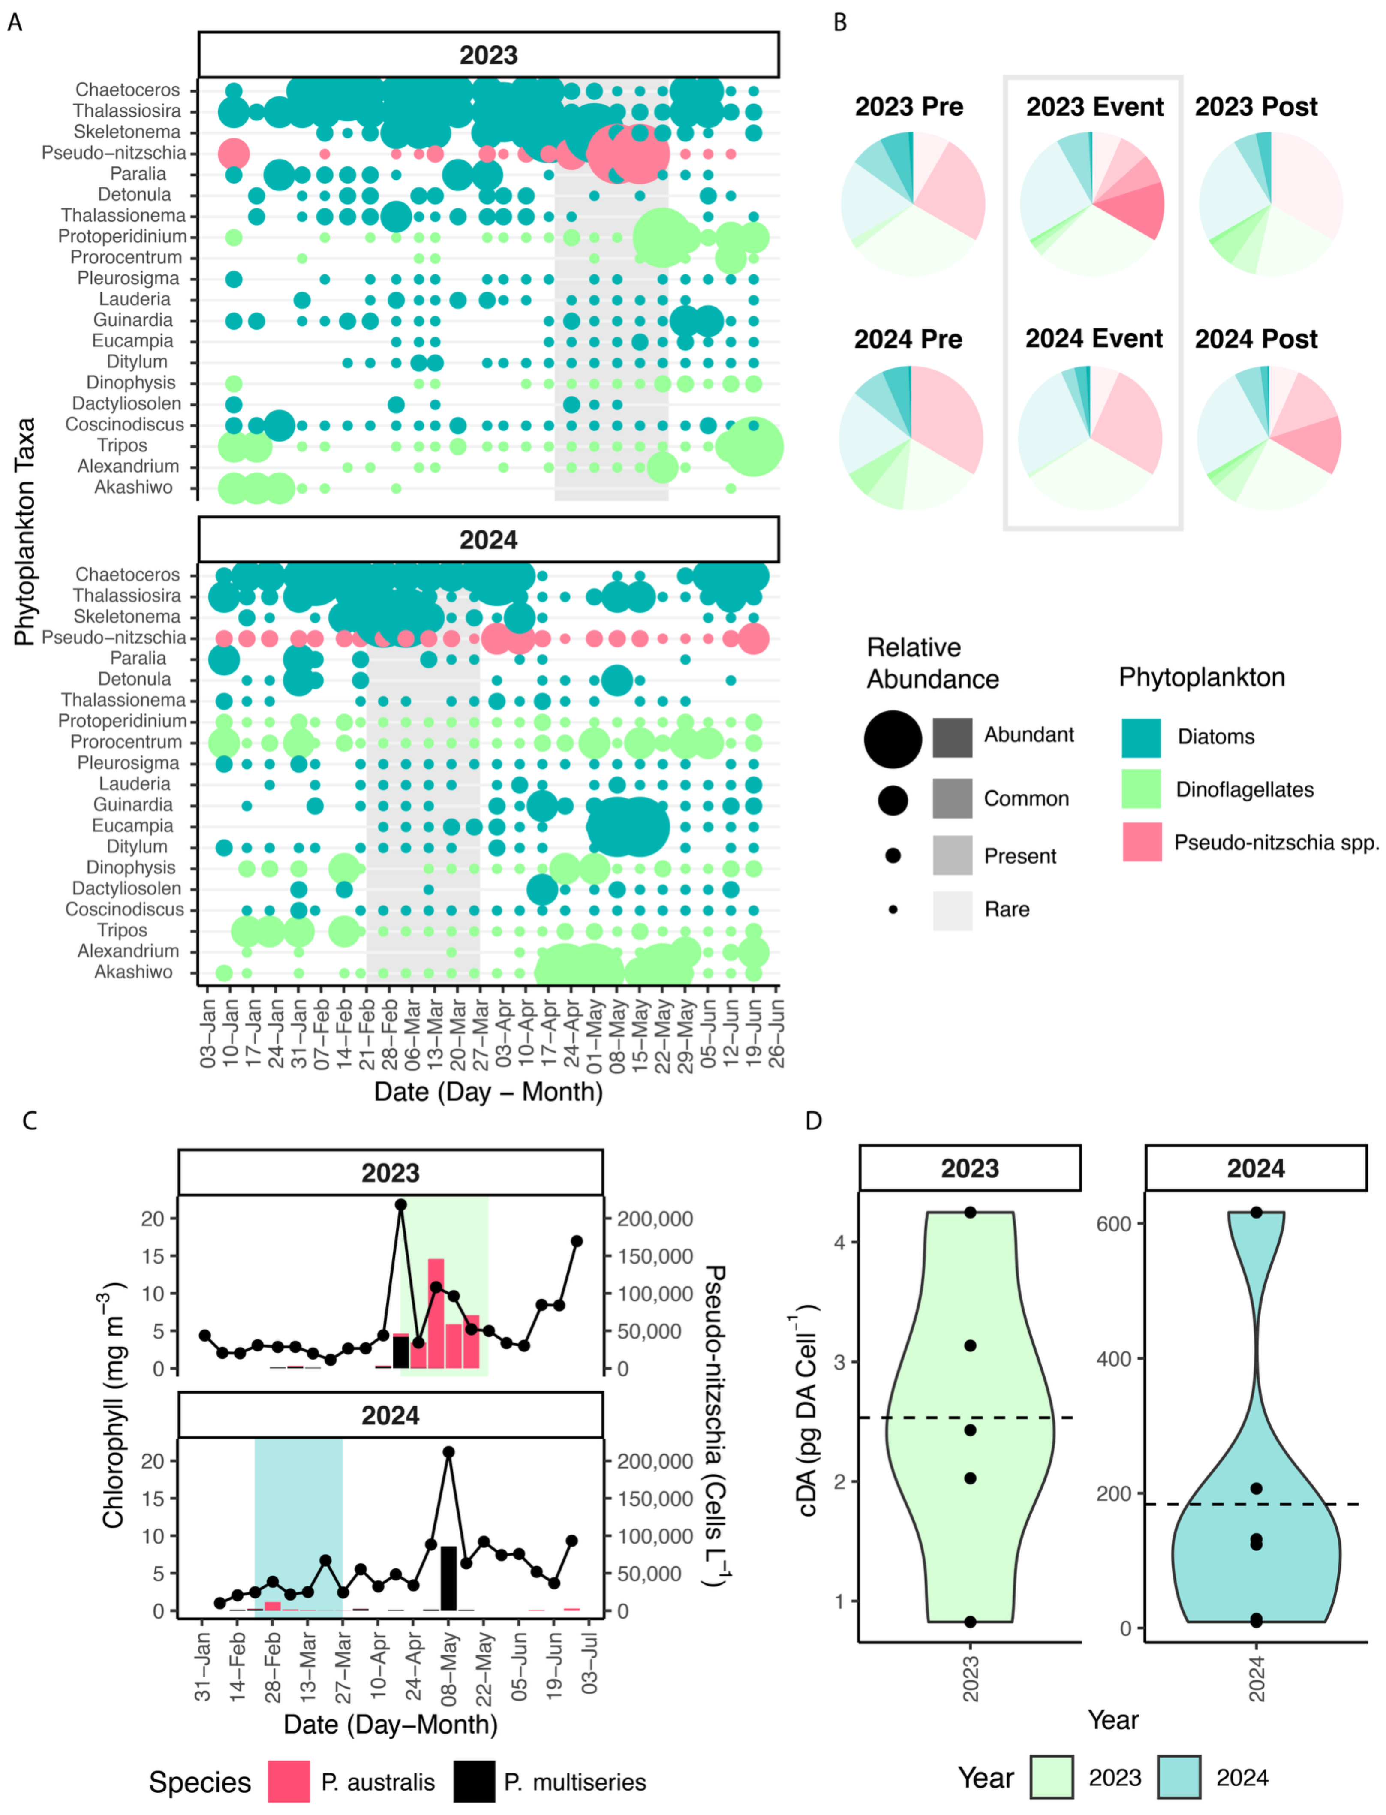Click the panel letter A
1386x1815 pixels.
pyautogui.click(x=15, y=22)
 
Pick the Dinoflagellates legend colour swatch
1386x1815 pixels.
pyautogui.click(x=1140, y=789)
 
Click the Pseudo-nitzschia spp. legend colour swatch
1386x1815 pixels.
pyautogui.click(x=1141, y=842)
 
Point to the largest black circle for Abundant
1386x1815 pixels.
pyautogui.click(x=893, y=738)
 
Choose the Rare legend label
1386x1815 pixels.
pyautogui.click(x=1007, y=909)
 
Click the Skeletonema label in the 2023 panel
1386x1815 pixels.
pyautogui.click(x=126, y=132)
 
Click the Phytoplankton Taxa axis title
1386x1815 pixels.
pyautogui.click(x=25, y=532)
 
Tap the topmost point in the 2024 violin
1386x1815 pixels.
pyautogui.click(x=1256, y=1212)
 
